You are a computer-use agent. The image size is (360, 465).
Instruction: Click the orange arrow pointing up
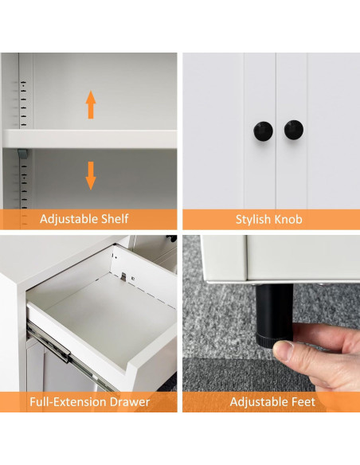click(91, 104)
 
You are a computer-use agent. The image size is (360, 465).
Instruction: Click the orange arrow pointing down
click(91, 175)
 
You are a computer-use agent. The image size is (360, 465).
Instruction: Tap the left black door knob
click(263, 131)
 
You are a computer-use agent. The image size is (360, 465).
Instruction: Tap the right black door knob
click(294, 130)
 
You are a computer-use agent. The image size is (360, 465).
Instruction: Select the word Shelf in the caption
click(115, 219)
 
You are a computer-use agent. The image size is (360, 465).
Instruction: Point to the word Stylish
click(253, 220)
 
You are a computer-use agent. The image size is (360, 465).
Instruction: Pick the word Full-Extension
click(68, 402)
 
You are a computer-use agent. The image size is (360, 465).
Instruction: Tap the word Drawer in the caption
click(130, 402)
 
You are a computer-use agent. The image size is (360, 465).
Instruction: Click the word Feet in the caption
click(303, 402)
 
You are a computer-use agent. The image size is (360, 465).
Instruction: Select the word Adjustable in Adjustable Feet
click(259, 402)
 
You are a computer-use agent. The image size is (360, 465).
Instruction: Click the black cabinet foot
click(274, 315)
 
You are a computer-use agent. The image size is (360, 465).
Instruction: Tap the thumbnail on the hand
click(283, 350)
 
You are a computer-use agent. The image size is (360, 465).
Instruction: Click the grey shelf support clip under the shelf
click(22, 154)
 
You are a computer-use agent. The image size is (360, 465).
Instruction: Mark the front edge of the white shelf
click(89, 139)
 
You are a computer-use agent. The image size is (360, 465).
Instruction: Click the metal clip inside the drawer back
click(123, 276)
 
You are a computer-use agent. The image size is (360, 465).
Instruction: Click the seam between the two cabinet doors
click(276, 131)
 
